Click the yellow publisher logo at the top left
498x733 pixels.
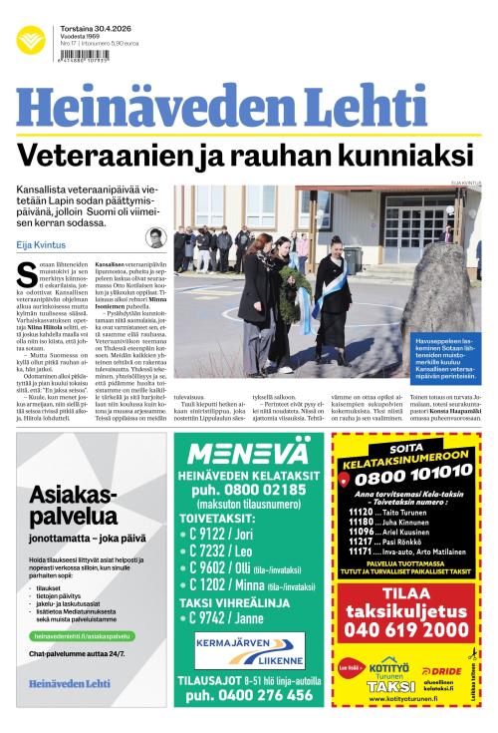pyautogui.click(x=30, y=40)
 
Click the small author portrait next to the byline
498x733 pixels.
pyautogui.click(x=154, y=237)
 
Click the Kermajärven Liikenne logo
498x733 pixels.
pyautogui.click(x=249, y=652)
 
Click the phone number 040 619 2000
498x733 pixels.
pyautogui.click(x=406, y=628)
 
